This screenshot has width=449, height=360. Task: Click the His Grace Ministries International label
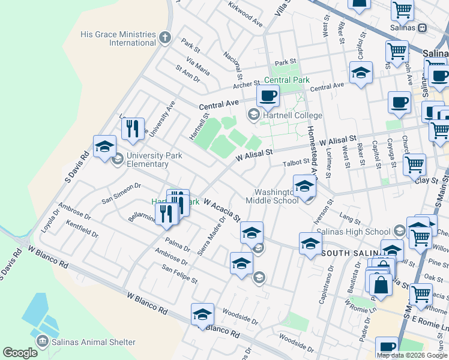point(118,38)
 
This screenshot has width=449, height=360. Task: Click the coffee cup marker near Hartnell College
point(268,95)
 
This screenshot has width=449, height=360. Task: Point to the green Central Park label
point(287,80)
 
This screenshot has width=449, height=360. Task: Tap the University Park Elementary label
point(147,160)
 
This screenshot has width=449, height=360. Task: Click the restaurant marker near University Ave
point(133,128)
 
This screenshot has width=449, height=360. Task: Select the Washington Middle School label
point(271,196)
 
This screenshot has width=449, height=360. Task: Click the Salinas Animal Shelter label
point(93,342)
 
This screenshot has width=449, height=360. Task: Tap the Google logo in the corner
point(20,353)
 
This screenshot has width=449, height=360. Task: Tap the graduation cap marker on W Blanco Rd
point(202,314)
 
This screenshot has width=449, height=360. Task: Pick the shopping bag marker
point(381,284)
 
